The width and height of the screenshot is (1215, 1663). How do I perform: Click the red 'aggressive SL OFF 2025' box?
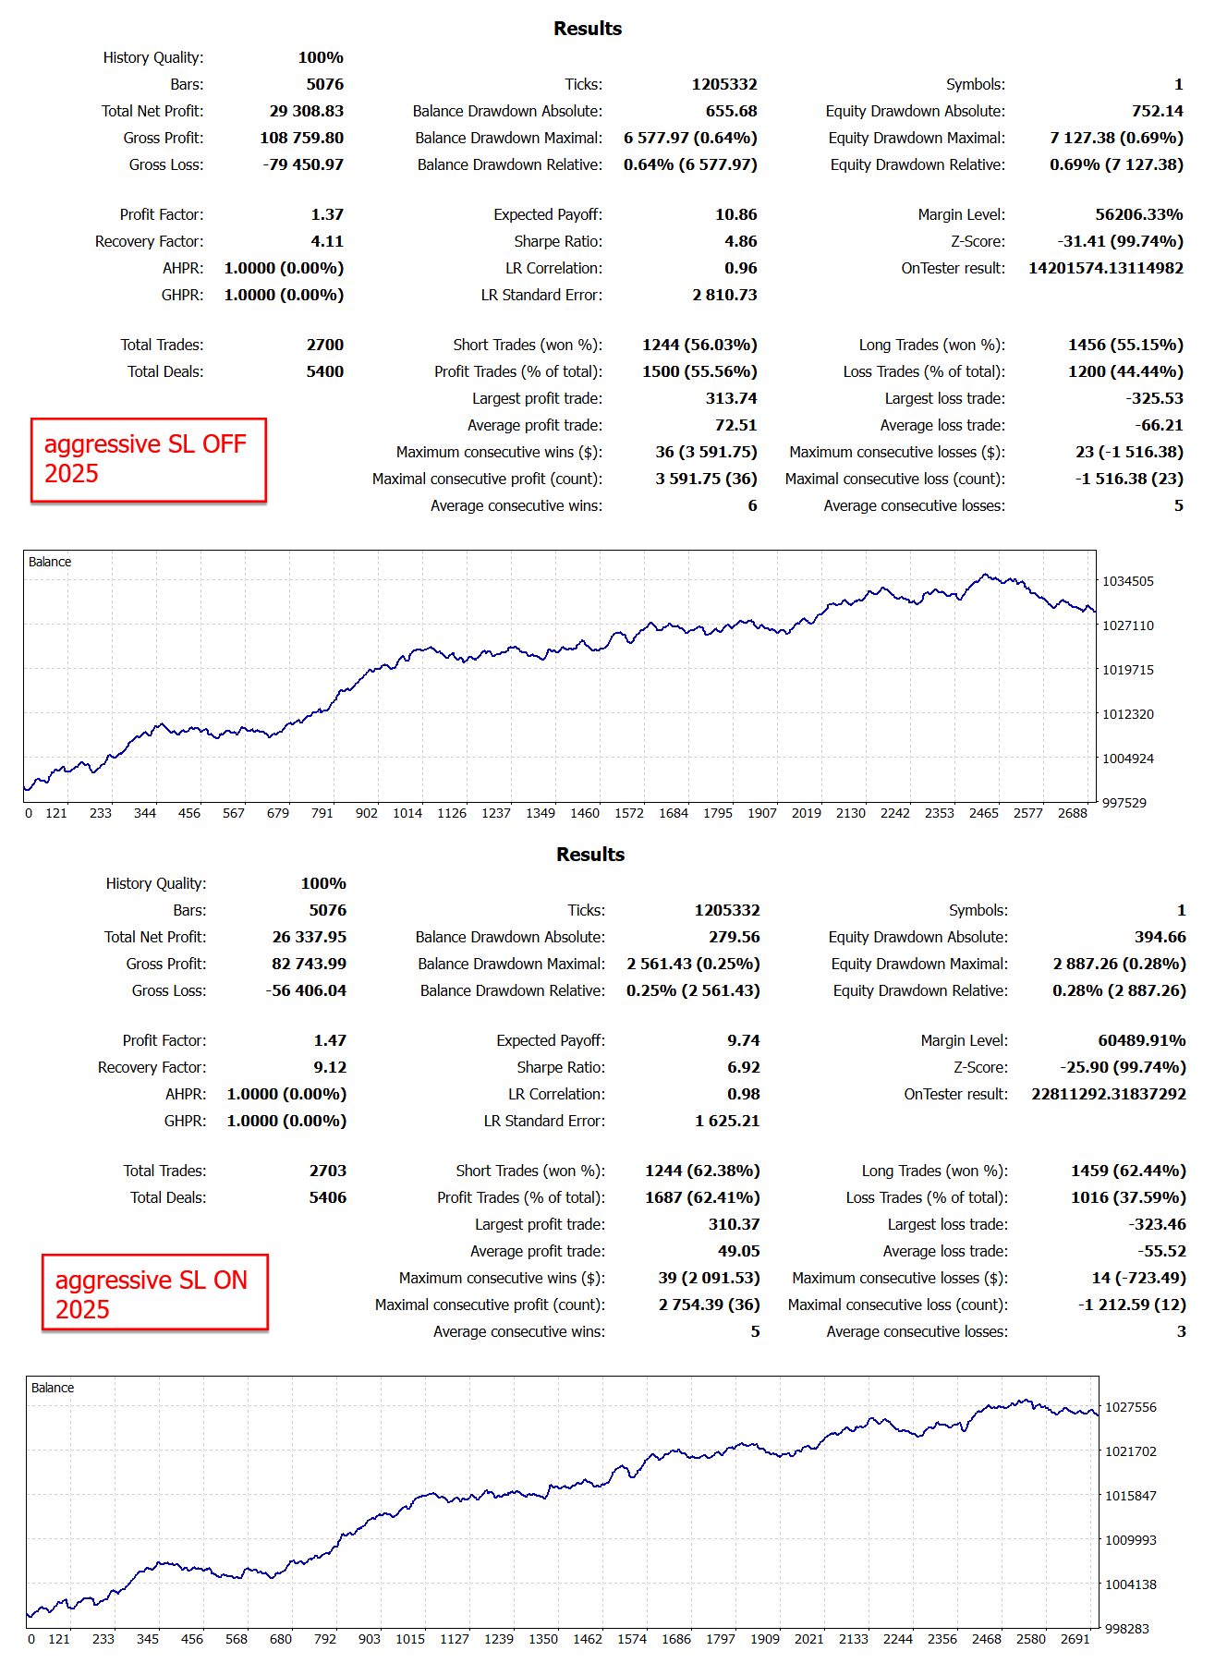[148, 459]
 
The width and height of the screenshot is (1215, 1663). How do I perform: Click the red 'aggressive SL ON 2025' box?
[154, 1293]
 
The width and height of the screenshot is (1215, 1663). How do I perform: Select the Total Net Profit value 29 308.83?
[306, 111]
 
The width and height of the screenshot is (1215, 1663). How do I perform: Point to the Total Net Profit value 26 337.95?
[309, 937]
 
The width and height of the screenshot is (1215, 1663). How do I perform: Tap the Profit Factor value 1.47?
[330, 1040]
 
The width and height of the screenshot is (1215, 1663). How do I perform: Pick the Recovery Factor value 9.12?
[330, 1067]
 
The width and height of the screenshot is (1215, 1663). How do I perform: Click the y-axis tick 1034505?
[1127, 581]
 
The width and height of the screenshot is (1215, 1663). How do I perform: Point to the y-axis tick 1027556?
[1130, 1407]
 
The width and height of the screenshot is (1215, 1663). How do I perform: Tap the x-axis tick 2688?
[1072, 813]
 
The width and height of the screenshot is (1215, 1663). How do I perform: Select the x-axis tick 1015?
[410, 1639]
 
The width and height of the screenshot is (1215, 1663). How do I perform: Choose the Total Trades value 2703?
[327, 1171]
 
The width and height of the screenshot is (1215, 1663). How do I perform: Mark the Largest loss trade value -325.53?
[1154, 398]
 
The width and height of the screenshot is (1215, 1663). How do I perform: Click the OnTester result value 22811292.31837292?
[1108, 1094]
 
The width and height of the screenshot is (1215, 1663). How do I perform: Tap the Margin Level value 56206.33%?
[1138, 214]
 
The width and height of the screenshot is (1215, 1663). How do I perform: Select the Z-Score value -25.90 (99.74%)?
[1123, 1067]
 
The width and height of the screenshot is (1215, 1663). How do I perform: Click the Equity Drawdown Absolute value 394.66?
[1160, 937]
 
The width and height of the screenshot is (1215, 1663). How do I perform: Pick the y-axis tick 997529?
[1124, 803]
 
